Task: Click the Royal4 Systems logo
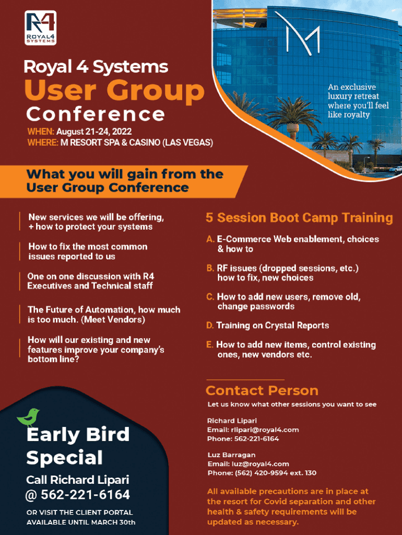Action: [x=41, y=28]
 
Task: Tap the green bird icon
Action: [x=28, y=417]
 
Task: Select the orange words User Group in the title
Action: [x=114, y=90]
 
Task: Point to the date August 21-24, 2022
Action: [x=94, y=132]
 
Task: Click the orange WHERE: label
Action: [x=43, y=143]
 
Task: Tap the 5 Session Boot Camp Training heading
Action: [x=299, y=218]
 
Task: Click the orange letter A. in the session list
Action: [x=210, y=239]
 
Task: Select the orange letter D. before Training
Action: [x=210, y=325]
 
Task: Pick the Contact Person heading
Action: [x=262, y=390]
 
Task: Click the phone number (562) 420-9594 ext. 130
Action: [x=276, y=473]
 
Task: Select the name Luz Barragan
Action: [x=231, y=455]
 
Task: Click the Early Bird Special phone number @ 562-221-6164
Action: [x=78, y=495]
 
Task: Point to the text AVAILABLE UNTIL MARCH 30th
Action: [x=81, y=522]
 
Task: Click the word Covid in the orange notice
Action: [x=275, y=502]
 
